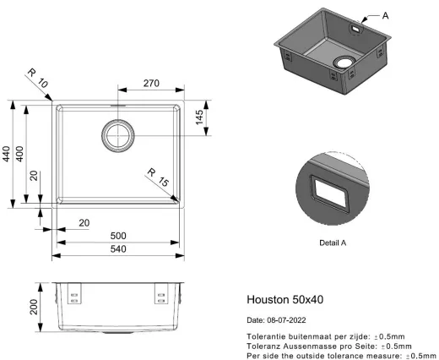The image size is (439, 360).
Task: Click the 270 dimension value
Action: click(151, 83)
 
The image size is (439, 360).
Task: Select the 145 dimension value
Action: click(199, 117)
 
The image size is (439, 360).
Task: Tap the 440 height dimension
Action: click(6, 154)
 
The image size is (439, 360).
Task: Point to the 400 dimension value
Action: click(19, 154)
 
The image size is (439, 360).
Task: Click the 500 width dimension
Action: click(118, 236)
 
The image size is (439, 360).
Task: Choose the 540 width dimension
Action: click(118, 249)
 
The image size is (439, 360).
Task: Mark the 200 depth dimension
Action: click(34, 307)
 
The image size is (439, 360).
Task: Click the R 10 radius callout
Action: click(38, 79)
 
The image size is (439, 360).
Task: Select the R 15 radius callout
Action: click(158, 177)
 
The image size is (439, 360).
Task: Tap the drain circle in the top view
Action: click(118, 135)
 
